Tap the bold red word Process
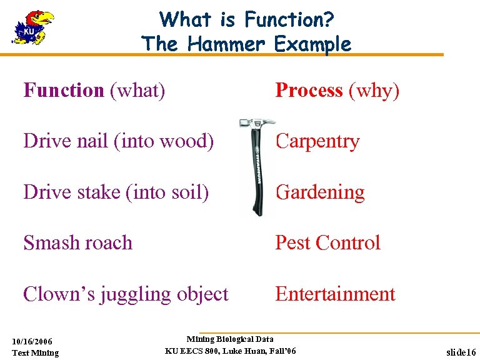(309, 91)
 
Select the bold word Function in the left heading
(63, 91)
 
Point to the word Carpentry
(317, 141)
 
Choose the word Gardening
(320, 192)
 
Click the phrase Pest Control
(327, 242)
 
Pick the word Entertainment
(335, 294)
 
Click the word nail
(97, 141)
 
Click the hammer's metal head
(256, 124)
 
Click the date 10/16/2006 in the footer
(32, 341)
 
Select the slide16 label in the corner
(461, 352)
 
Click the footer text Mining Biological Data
(230, 339)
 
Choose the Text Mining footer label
(36, 352)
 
